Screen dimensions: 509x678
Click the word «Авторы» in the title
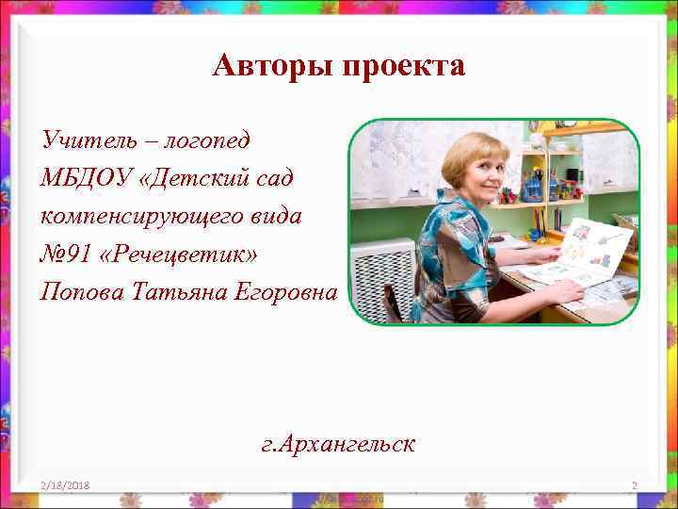[x=274, y=66]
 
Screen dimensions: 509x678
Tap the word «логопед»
[x=208, y=141]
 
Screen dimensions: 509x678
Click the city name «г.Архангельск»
[x=339, y=443]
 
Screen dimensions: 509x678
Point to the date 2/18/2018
[x=65, y=484]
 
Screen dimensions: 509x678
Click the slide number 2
[x=635, y=485]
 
